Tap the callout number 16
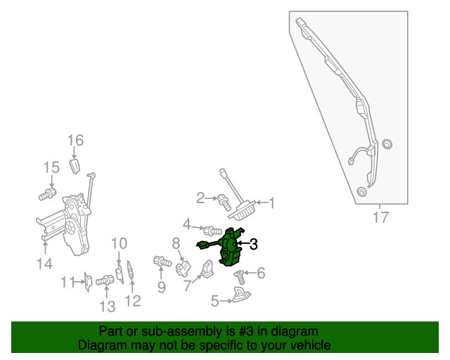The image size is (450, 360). point(75,141)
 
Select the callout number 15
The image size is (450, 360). point(51,167)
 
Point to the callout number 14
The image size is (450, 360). point(44,264)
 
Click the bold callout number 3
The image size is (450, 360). point(253,245)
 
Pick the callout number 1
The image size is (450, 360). point(271,204)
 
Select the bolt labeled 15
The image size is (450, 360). point(49,193)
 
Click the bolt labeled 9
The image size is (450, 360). point(162,262)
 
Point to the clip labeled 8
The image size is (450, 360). point(184,267)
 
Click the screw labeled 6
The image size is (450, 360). point(239,277)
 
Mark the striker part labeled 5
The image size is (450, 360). point(241,298)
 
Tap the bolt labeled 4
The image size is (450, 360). point(211,231)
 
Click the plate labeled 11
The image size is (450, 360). point(88,281)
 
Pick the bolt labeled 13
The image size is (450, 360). point(104,281)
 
